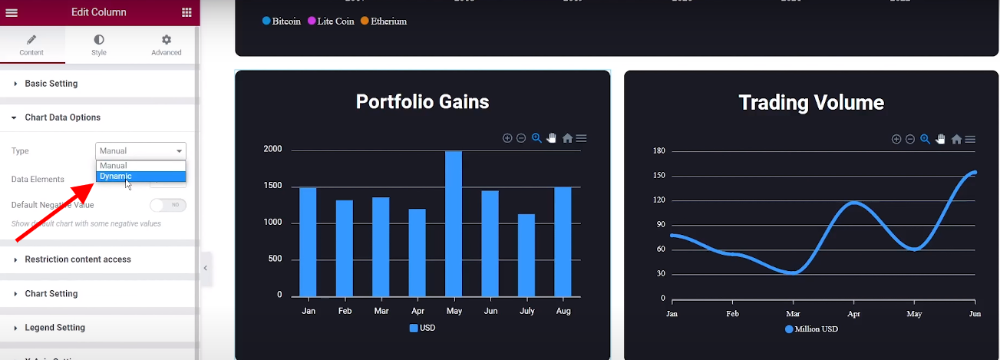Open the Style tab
coord(99,45)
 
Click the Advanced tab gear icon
coord(167,40)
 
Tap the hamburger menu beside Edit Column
coord(12,12)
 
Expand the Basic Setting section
coord(51,84)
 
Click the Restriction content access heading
coord(78,259)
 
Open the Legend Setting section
coord(54,328)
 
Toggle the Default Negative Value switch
coord(168,205)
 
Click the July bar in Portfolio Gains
coord(526,255)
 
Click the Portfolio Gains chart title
coord(422,102)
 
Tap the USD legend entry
coord(422,328)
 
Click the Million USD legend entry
coord(811,329)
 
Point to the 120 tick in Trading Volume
coord(658,200)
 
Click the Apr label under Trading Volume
coord(853,314)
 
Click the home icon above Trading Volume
coord(956,139)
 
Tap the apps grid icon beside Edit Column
coord(187,12)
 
